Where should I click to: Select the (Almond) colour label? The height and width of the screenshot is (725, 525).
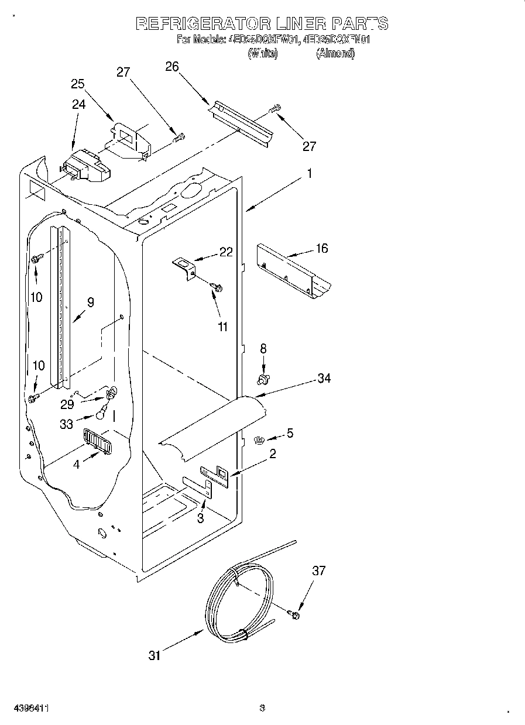click(335, 53)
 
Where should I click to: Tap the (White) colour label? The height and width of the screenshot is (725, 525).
click(262, 53)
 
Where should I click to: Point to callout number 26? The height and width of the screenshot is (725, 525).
click(171, 67)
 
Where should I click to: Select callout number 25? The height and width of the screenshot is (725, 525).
click(78, 84)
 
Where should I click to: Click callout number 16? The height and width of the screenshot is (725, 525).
click(321, 248)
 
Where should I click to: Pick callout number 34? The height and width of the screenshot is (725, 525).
click(324, 379)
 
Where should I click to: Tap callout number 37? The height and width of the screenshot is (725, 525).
click(319, 571)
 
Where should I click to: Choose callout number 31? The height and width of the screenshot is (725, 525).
click(154, 656)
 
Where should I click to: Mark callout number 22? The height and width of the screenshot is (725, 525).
click(226, 252)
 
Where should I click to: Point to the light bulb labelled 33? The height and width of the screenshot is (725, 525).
click(101, 414)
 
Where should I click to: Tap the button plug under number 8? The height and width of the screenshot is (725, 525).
click(263, 380)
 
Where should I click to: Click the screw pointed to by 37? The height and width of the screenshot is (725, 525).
click(294, 614)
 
